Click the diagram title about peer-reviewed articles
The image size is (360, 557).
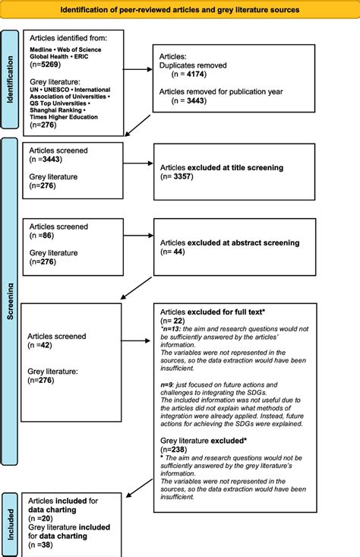pos(180,11)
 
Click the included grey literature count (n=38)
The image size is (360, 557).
pos(43,545)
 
